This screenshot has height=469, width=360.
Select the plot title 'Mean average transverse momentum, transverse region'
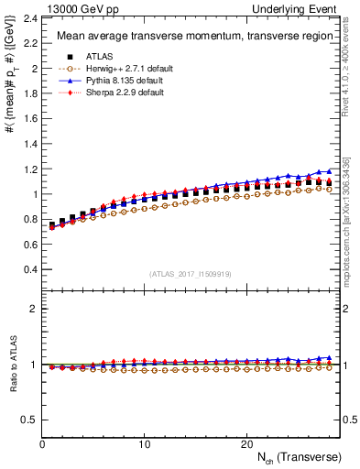pyautogui.click(x=188, y=37)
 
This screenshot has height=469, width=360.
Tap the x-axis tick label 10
pyautogui.click(x=145, y=444)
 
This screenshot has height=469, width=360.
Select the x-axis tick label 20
pyautogui.click(x=246, y=444)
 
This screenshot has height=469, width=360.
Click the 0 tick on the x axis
pyautogui.click(x=42, y=444)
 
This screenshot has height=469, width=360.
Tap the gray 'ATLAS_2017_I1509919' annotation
pyautogui.click(x=189, y=274)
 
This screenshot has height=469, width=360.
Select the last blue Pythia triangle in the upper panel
pyautogui.click(x=328, y=170)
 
